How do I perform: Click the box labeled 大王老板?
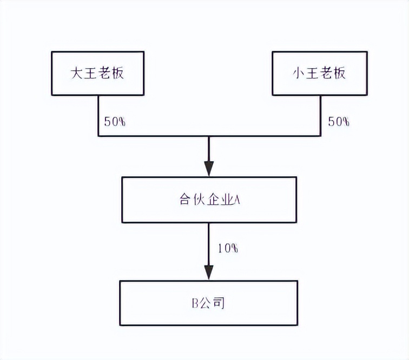[97, 74]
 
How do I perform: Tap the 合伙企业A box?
[209, 199]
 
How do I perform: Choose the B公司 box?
[209, 303]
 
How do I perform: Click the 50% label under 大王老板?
[115, 122]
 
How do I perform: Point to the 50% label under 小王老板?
[339, 122]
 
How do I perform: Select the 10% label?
[228, 249]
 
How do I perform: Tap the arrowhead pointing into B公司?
[209, 271]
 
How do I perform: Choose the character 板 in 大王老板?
[117, 74]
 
